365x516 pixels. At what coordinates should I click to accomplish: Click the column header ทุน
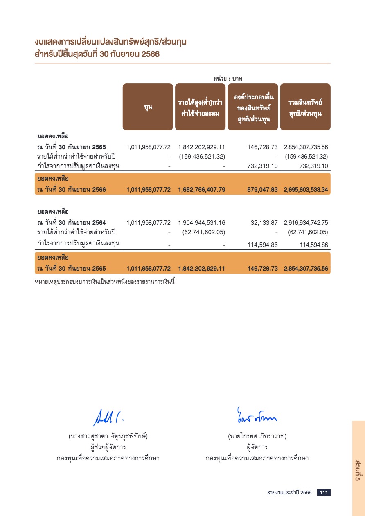pyautogui.click(x=148, y=107)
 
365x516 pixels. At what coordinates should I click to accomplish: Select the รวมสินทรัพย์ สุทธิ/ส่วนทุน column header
pyautogui.click(x=305, y=107)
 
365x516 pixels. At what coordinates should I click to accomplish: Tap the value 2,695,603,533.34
pyautogui.click(x=306, y=190)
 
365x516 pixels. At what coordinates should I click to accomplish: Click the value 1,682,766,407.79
pyautogui.click(x=202, y=190)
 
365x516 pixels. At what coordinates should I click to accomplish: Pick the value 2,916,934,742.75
pyautogui.click(x=306, y=223)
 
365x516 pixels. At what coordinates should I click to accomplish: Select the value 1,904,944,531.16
pyautogui.click(x=202, y=223)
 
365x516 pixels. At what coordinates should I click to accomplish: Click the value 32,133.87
pyautogui.click(x=264, y=223)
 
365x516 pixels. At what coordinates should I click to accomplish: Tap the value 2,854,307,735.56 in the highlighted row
pyautogui.click(x=306, y=269)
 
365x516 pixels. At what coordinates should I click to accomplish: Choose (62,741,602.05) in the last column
pyautogui.click(x=308, y=232)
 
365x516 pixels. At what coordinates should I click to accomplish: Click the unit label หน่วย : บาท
pyautogui.click(x=228, y=78)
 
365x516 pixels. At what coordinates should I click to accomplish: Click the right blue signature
pyautogui.click(x=256, y=415)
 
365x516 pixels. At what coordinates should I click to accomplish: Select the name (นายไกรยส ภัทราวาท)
pyautogui.click(x=257, y=436)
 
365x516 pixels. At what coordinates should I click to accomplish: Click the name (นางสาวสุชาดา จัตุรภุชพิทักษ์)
pyautogui.click(x=108, y=436)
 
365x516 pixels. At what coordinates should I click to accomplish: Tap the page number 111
pyautogui.click(x=324, y=493)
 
